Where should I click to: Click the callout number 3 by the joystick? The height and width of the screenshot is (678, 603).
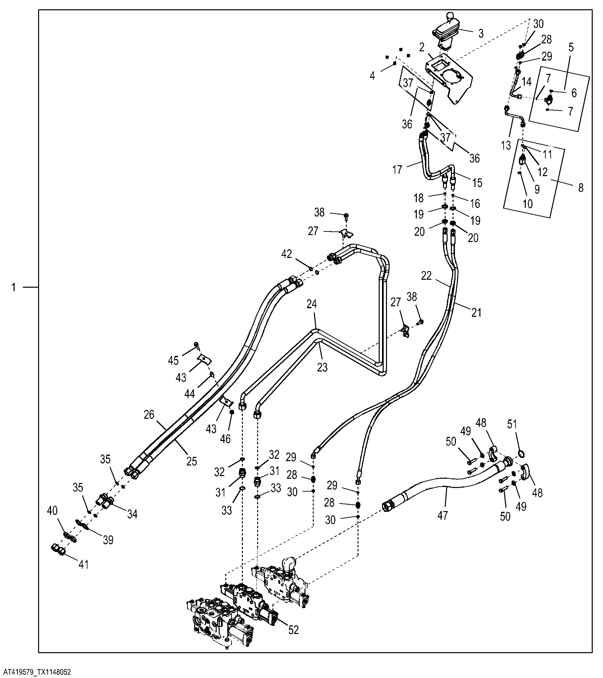point(481,33)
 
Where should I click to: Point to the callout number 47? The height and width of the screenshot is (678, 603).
point(443,515)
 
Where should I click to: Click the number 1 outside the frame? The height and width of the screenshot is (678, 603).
point(14,287)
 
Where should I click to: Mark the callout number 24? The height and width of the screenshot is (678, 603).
point(311,304)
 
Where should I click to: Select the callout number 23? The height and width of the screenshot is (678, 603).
point(322,367)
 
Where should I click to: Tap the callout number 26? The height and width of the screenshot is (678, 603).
point(149,414)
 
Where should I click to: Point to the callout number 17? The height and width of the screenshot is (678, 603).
point(397,169)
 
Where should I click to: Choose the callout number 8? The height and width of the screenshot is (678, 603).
point(580,188)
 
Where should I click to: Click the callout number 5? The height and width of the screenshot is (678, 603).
point(571,47)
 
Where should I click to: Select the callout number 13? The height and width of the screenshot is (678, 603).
point(506,145)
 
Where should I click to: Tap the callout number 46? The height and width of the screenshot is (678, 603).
point(225,439)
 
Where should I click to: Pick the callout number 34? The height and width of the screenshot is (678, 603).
point(132,514)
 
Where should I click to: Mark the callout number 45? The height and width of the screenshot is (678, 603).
point(173,361)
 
